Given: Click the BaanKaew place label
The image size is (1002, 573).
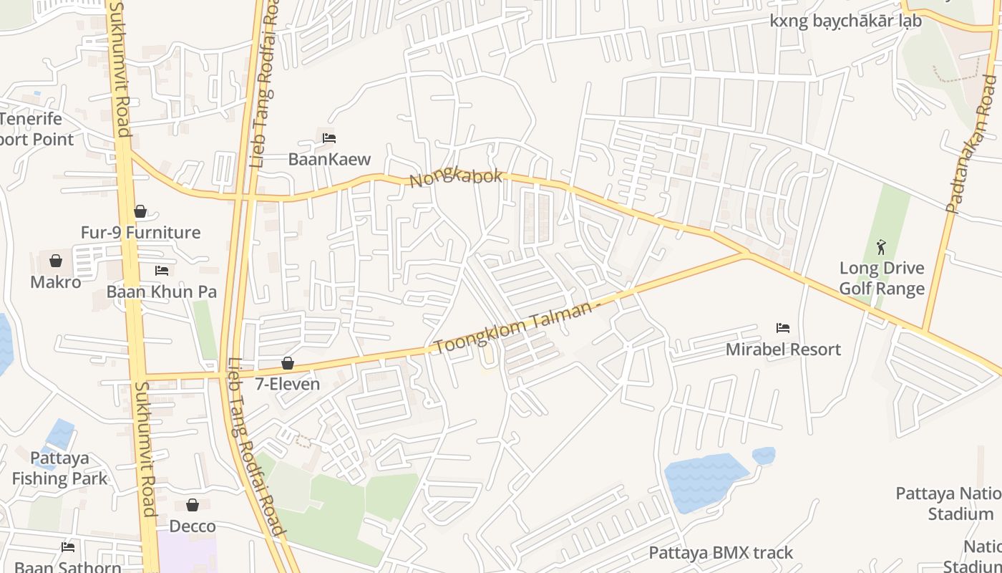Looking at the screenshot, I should (x=329, y=159).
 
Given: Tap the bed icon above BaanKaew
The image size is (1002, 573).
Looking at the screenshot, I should (x=329, y=138).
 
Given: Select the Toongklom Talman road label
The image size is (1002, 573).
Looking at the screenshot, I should (x=514, y=329).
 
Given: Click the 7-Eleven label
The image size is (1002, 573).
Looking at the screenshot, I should (x=288, y=384).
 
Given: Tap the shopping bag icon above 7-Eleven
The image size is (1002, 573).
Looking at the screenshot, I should (x=288, y=363).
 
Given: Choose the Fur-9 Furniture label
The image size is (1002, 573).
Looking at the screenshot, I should (x=140, y=233).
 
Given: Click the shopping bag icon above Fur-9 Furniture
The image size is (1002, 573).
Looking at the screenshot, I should (x=140, y=212).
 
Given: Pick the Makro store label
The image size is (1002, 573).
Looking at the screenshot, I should (x=56, y=282).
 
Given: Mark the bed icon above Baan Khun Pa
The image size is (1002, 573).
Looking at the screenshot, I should (x=162, y=271).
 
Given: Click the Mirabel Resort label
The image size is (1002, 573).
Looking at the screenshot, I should (x=783, y=350).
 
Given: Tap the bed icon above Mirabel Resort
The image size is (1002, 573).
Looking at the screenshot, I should (x=783, y=329).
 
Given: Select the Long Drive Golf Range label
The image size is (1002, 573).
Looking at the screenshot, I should (x=882, y=279).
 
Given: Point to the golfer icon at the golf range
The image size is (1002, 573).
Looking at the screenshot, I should (x=881, y=248).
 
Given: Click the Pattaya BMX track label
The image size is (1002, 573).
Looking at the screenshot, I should (x=721, y=553).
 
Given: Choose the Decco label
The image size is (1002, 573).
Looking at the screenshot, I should (x=193, y=526).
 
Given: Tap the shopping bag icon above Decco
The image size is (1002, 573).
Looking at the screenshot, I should (x=193, y=506).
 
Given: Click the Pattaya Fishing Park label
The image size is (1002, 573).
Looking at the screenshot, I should (x=59, y=468).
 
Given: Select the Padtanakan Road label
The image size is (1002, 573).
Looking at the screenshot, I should (x=971, y=143).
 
